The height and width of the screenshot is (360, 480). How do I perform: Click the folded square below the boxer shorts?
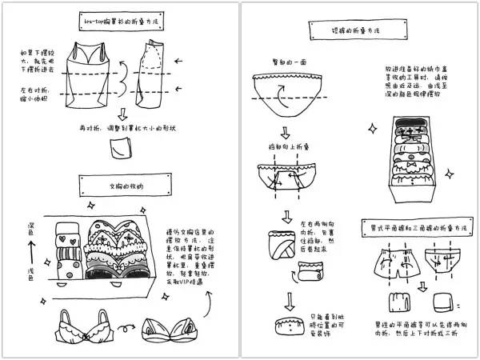(x=395, y=303)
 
